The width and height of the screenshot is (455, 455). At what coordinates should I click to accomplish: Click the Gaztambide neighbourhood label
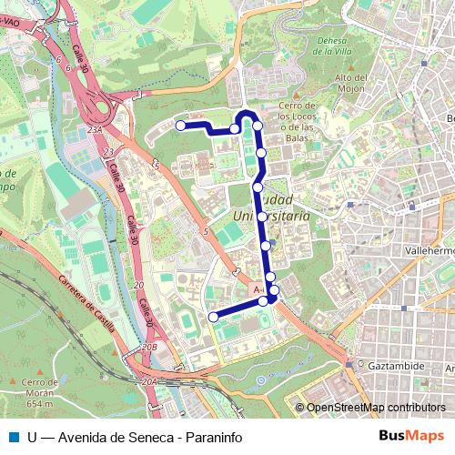point(397,365)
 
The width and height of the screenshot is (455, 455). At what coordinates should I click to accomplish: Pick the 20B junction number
point(150,347)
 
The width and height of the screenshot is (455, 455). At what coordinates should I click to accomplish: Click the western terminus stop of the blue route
point(181,126)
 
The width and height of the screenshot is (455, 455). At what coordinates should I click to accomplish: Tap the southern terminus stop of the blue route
point(214,317)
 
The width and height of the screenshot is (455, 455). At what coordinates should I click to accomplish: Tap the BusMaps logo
point(411,436)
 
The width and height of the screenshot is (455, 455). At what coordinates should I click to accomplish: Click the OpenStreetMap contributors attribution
point(376,408)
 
